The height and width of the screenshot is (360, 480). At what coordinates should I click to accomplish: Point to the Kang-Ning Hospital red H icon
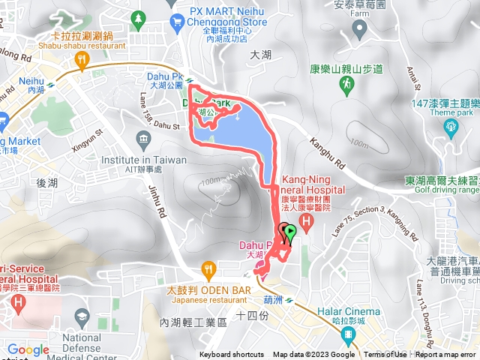[x=306, y=221]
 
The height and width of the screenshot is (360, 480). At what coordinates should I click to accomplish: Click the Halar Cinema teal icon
[x=347, y=334]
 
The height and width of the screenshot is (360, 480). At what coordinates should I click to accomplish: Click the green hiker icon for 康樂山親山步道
[x=346, y=88]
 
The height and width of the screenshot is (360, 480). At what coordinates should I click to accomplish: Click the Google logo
[x=28, y=349]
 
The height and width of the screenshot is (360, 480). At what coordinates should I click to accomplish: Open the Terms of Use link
[x=385, y=355]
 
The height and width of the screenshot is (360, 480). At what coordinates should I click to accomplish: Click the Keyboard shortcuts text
[x=231, y=355]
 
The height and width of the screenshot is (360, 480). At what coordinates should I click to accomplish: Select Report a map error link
[x=446, y=355]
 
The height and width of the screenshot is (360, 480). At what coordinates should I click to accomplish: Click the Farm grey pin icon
[x=359, y=30]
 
